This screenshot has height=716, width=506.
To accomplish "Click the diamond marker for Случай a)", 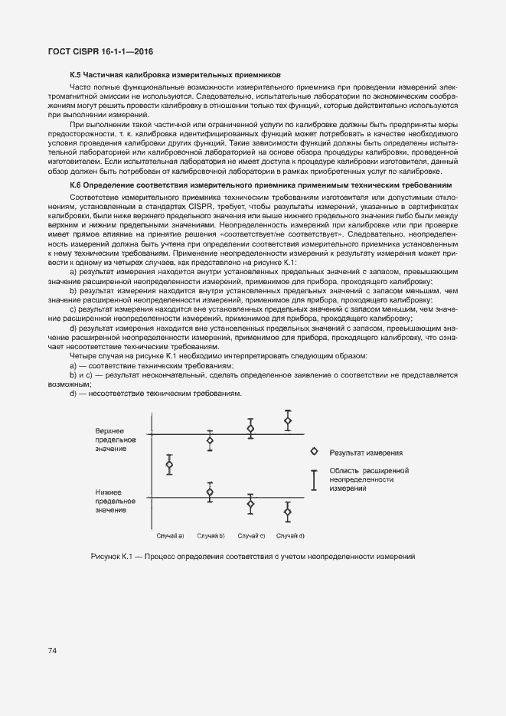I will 170,465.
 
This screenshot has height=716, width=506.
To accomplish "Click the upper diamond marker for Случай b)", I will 210,440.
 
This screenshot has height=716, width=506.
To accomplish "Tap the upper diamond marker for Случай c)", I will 250,429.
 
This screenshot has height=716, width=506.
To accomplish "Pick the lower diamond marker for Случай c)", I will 250,503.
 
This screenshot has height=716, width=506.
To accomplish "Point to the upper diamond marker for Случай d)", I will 288,420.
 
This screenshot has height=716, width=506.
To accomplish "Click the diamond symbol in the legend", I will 314,453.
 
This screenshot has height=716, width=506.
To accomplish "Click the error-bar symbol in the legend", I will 314,479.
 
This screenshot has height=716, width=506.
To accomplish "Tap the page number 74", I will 53,651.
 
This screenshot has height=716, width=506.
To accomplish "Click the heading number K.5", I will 76,75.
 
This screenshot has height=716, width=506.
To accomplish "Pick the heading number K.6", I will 76,186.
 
